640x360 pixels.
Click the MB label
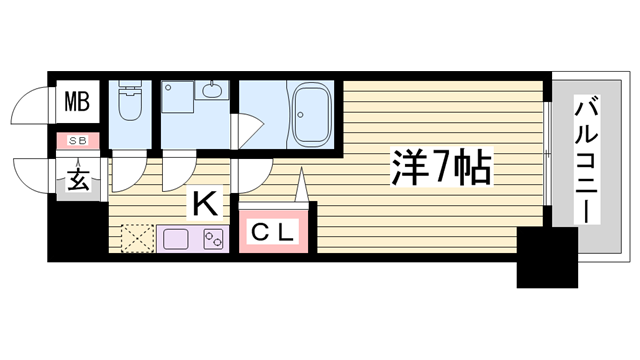coord(77,100)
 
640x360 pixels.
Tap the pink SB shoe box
coord(76,141)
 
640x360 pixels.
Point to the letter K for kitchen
coord(205,205)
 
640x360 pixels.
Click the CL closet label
coord(272,234)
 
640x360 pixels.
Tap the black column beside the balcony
coord(547,256)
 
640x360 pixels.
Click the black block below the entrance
coord(78,231)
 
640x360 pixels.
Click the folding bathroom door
coord(246,131)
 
